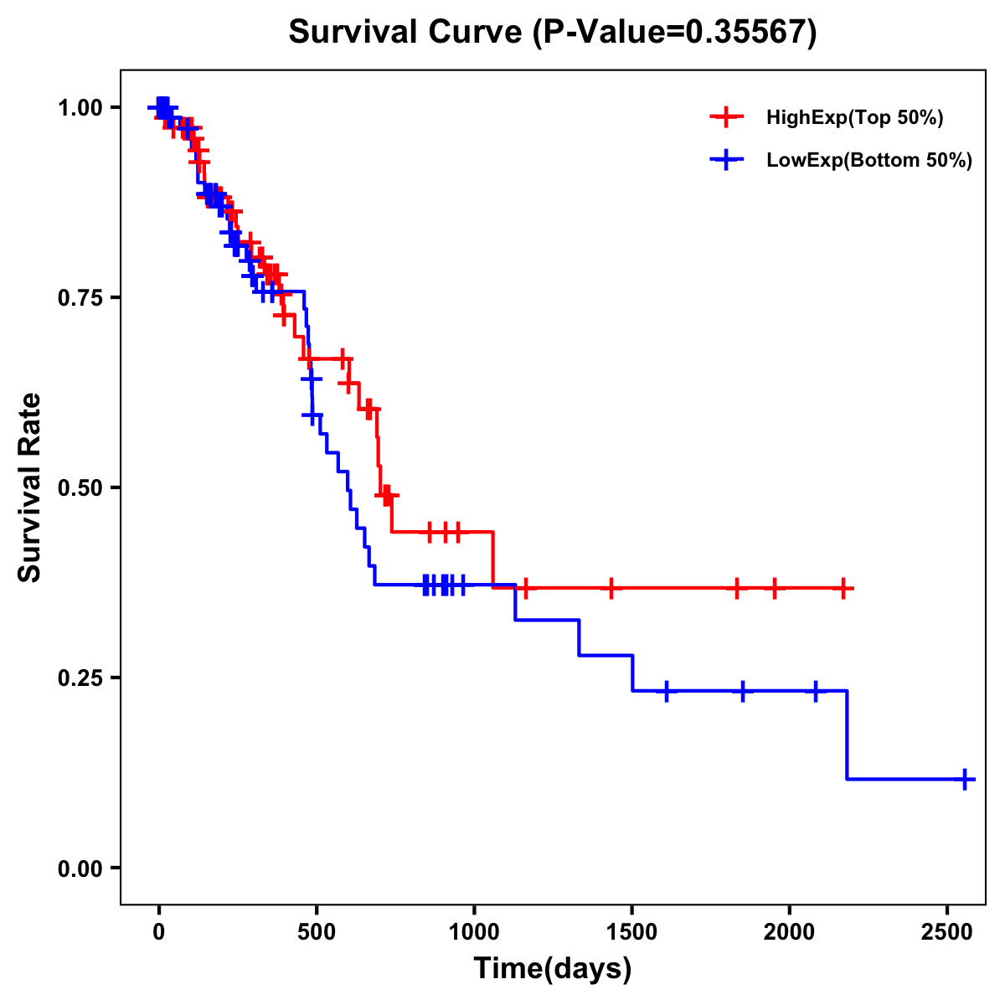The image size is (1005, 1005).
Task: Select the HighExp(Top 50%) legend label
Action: click(x=854, y=118)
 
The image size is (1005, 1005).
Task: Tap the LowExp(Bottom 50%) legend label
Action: click(x=868, y=161)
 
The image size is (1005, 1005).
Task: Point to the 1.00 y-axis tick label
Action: click(x=80, y=108)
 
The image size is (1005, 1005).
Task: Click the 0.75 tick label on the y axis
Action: click(x=80, y=298)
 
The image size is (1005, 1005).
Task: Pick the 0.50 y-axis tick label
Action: click(x=80, y=488)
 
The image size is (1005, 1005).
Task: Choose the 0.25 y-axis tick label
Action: click(x=80, y=678)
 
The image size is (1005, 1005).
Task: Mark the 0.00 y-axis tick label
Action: click(x=80, y=868)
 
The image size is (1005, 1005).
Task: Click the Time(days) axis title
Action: click(x=553, y=969)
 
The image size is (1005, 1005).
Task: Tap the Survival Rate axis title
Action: click(x=30, y=487)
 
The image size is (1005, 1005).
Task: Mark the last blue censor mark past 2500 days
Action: click(x=964, y=779)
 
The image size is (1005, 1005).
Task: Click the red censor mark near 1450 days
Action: click(x=611, y=588)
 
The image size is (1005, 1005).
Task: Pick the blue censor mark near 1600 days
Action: click(x=667, y=691)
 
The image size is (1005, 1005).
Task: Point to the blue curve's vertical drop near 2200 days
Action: click(x=847, y=735)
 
